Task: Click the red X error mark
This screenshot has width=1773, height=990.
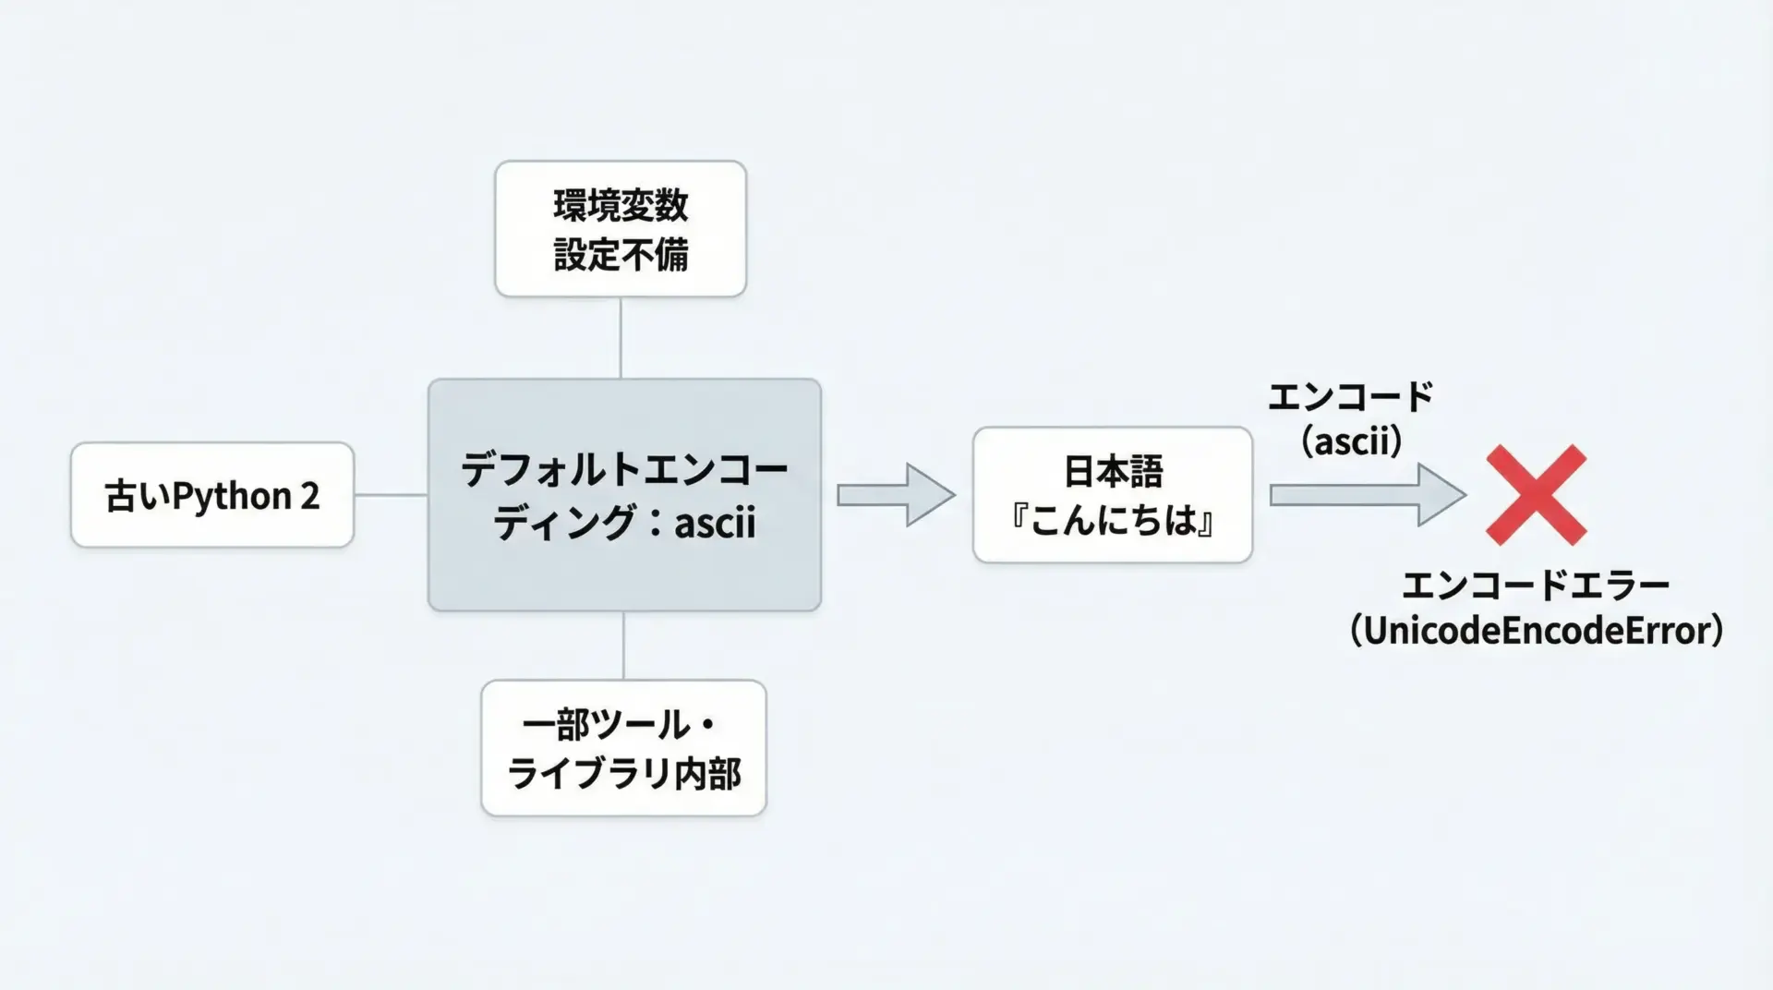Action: click(x=1536, y=495)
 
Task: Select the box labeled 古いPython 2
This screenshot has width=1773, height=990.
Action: click(x=211, y=495)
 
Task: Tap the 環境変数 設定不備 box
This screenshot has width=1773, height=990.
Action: click(x=620, y=229)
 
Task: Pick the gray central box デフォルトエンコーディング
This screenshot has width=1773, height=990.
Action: click(x=624, y=495)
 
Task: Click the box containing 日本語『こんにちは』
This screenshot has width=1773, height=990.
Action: click(x=1112, y=495)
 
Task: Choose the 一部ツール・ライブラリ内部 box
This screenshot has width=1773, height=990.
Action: click(x=623, y=748)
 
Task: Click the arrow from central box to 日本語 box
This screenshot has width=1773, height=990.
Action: click(x=895, y=495)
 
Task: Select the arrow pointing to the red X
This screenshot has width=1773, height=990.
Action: click(x=1366, y=495)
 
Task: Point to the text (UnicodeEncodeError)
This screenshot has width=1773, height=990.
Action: click(x=1536, y=631)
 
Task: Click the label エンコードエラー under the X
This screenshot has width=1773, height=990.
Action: click(x=1536, y=586)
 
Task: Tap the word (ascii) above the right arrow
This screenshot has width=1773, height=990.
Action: click(x=1351, y=441)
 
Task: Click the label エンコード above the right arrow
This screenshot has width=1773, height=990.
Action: click(x=1350, y=397)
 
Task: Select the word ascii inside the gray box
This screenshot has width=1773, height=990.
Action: click(x=715, y=523)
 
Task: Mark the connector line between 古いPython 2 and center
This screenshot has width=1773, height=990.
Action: click(x=391, y=495)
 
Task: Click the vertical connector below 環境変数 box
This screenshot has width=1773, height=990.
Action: click(x=620, y=337)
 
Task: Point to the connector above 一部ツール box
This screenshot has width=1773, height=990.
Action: click(x=623, y=646)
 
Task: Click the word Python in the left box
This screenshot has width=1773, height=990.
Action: click(x=232, y=497)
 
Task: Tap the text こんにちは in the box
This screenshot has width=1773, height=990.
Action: click(x=1112, y=521)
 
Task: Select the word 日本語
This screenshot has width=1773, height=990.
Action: click(x=1113, y=472)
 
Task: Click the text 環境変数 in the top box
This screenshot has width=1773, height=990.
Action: click(x=621, y=205)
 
